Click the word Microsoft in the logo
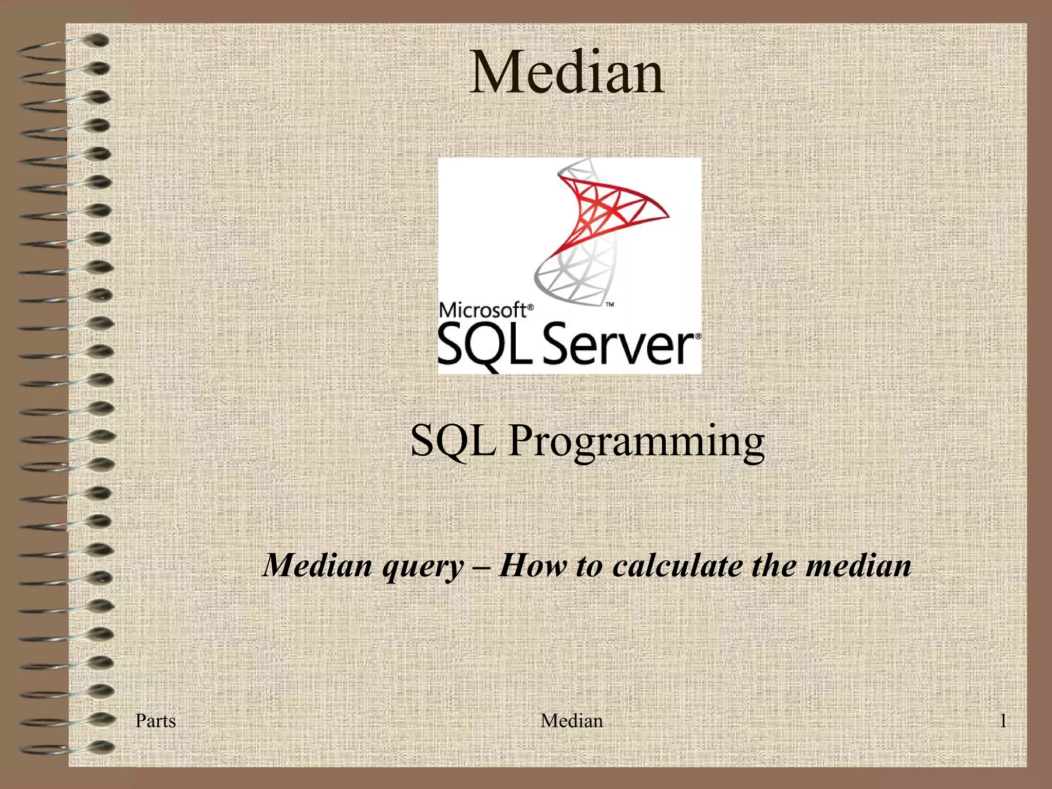[483, 310]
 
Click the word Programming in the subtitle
[636, 441]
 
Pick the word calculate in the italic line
[678, 566]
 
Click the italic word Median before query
[318, 566]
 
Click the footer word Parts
[155, 721]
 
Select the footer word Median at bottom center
[572, 721]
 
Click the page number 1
[1002, 721]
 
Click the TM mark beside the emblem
[610, 305]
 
